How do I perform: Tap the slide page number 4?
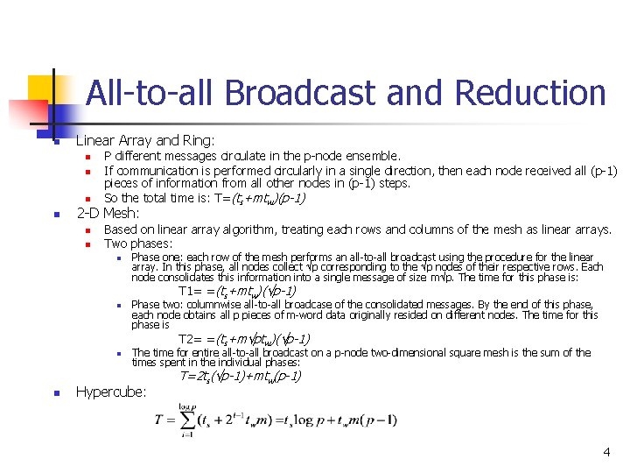point(605,452)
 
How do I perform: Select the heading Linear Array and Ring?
point(145,140)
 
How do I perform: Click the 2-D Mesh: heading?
point(108,213)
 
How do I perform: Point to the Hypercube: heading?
point(111,392)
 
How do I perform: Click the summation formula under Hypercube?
point(276,420)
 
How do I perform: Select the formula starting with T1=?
point(237,291)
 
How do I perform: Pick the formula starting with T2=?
point(244,339)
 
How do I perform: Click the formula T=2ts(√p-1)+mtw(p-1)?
point(241,377)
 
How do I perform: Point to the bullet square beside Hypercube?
point(54,393)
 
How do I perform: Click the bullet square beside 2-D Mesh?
point(54,214)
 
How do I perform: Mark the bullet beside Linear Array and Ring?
point(54,141)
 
